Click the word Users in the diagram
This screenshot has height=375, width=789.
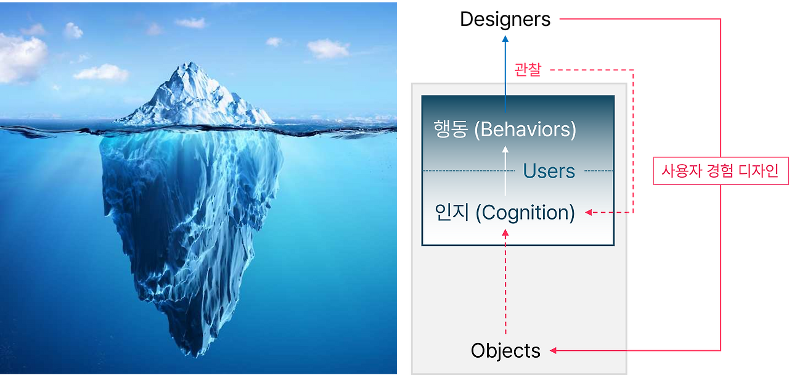549,171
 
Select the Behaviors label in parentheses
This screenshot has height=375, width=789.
528,130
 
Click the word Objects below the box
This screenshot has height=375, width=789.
505,350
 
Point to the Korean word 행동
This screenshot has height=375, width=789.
450,130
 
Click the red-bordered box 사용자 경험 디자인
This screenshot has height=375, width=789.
720,171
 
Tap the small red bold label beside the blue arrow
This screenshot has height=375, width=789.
528,71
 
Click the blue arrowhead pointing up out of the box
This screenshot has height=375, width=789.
505,39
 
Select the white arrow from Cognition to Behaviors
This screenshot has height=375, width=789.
505,170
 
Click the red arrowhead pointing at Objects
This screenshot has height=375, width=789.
554,350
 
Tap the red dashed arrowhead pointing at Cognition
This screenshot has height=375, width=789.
589,212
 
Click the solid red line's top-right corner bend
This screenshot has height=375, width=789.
720,20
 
